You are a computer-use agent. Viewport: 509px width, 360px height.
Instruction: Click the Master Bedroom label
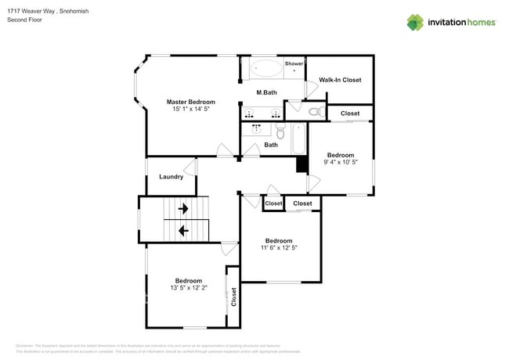click(x=190, y=102)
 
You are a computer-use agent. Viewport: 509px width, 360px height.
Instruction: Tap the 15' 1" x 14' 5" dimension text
click(x=190, y=110)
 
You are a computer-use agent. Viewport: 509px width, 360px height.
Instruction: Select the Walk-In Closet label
click(x=340, y=80)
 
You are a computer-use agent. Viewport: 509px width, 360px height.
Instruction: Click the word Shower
click(x=294, y=63)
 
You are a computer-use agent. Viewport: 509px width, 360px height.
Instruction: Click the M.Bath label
click(x=267, y=93)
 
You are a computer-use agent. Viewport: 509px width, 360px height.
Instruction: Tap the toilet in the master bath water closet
click(x=316, y=113)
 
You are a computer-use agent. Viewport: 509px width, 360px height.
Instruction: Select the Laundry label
click(x=171, y=177)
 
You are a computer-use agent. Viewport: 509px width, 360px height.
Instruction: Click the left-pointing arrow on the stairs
click(x=183, y=231)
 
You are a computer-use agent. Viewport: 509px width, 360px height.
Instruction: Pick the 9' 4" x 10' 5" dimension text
click(x=341, y=163)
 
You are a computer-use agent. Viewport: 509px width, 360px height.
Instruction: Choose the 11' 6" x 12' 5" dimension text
click(x=279, y=248)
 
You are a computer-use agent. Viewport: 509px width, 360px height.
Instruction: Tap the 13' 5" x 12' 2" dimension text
click(x=188, y=288)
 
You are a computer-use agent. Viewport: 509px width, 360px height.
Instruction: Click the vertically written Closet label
click(x=233, y=297)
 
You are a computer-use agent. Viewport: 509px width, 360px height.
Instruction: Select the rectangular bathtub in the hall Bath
click(x=298, y=141)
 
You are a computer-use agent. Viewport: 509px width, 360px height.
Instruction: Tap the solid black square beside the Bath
click(x=301, y=164)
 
